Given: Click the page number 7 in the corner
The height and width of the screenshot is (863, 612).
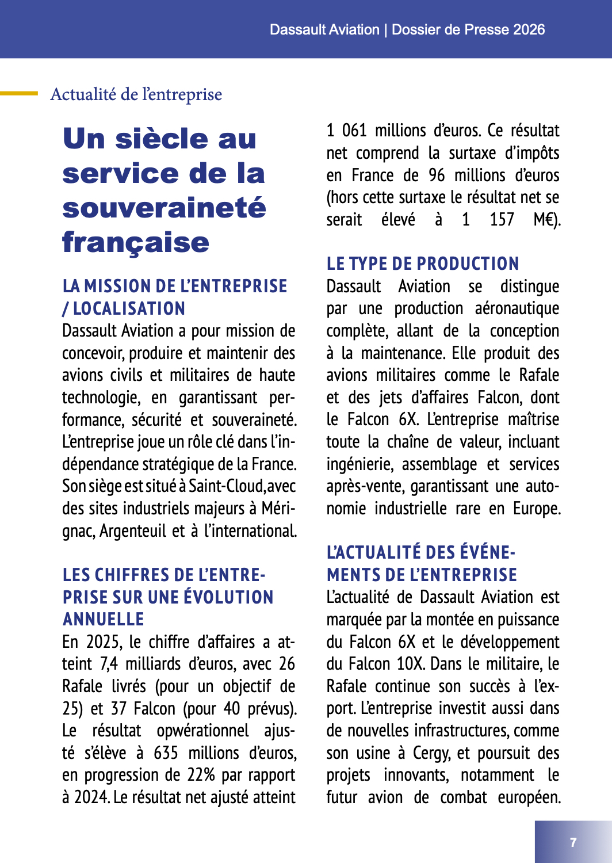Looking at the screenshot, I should pos(573,842).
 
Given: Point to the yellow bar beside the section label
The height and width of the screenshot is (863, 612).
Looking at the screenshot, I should pos(19,93).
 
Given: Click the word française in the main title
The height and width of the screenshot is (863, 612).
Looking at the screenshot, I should pos(136,242).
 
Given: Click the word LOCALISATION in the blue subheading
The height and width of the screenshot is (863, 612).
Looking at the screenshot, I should pos(129,309).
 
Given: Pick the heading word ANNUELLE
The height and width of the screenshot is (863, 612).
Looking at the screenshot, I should pos(104,620).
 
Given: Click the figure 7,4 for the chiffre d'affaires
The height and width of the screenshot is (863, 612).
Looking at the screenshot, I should pos(109,664).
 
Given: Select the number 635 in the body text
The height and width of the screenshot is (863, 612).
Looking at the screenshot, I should pos(166,753).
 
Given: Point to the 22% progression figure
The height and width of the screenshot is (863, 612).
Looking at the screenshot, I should pos(201,776).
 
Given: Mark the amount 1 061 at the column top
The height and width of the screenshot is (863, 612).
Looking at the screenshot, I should pos(346,131).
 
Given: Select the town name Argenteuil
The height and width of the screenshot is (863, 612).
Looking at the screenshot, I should pos(133,531).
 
